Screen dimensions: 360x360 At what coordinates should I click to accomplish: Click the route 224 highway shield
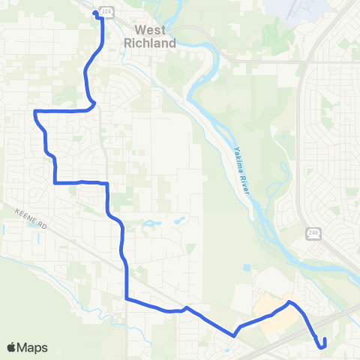click(106, 12)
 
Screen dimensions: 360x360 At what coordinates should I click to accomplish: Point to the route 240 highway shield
click(312, 234)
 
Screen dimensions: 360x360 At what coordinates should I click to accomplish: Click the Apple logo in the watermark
click(12, 347)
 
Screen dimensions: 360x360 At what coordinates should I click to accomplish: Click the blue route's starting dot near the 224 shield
click(95, 13)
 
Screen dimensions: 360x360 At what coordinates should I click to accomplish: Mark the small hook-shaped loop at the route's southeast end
click(323, 343)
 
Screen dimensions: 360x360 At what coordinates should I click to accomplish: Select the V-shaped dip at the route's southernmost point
click(235, 335)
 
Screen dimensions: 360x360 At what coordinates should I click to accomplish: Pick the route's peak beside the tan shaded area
click(290, 302)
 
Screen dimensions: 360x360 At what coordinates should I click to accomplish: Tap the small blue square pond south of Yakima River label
click(246, 266)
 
